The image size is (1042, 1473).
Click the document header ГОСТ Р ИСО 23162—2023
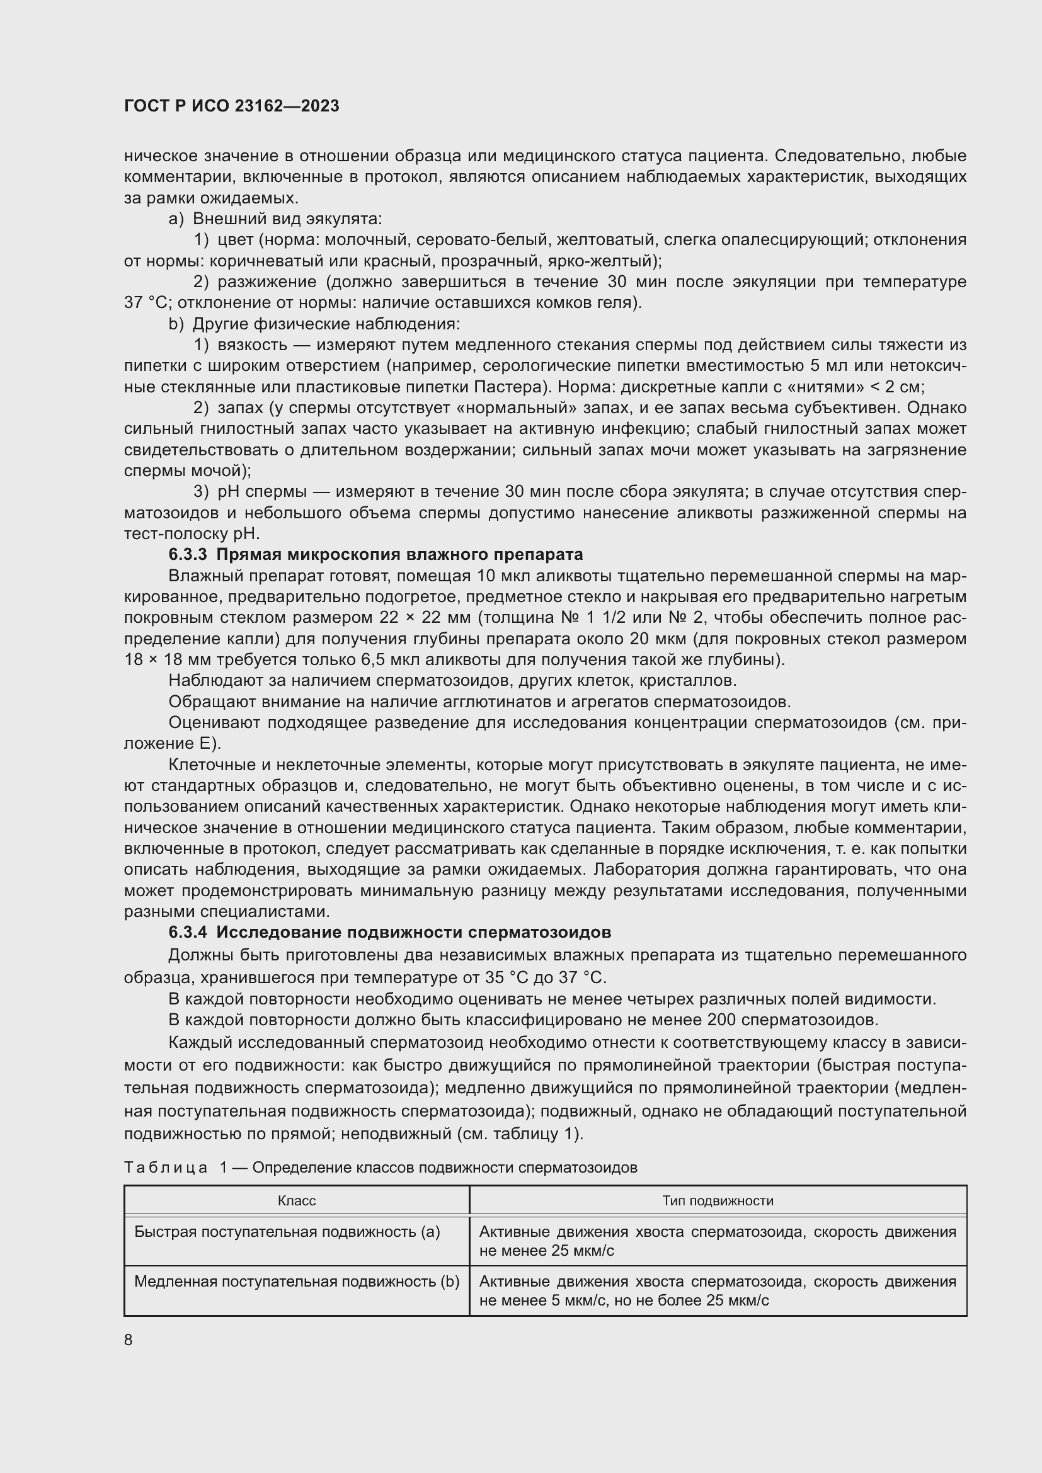(232, 106)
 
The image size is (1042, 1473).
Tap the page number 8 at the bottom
(129, 1339)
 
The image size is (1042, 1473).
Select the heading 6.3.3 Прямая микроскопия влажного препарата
(375, 554)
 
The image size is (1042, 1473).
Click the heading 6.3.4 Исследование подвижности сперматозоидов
(389, 931)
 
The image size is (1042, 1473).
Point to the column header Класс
(297, 1200)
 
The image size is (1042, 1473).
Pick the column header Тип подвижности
(718, 1200)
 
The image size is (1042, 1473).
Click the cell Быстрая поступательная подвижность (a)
(287, 1231)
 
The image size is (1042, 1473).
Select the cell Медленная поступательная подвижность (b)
(297, 1281)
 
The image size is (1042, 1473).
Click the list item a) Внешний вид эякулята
(276, 219)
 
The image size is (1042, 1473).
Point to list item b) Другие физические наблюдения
(314, 324)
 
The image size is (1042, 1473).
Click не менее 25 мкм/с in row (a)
(547, 1251)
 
